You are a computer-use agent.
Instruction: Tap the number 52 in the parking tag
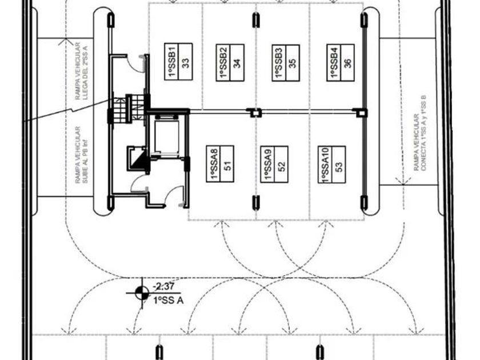pyautogui.click(x=281, y=164)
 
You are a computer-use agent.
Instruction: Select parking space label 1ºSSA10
pyautogui.click(x=325, y=165)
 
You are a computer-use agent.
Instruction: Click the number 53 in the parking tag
pyautogui.click(x=339, y=165)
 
